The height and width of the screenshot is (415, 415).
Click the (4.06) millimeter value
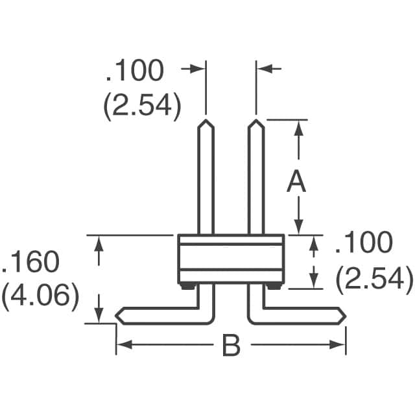[x=40, y=298]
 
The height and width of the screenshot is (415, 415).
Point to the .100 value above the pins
[x=134, y=71]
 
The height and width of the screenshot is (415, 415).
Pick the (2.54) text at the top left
[x=141, y=106]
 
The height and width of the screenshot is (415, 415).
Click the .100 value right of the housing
[x=363, y=243]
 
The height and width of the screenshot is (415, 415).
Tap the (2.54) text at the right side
[x=374, y=279]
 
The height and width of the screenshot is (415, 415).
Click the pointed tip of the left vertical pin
[x=206, y=121]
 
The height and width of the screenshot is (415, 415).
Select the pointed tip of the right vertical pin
[x=256, y=121]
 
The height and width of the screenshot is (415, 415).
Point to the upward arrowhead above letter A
[x=298, y=126]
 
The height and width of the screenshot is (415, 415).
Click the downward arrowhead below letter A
[x=298, y=227]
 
